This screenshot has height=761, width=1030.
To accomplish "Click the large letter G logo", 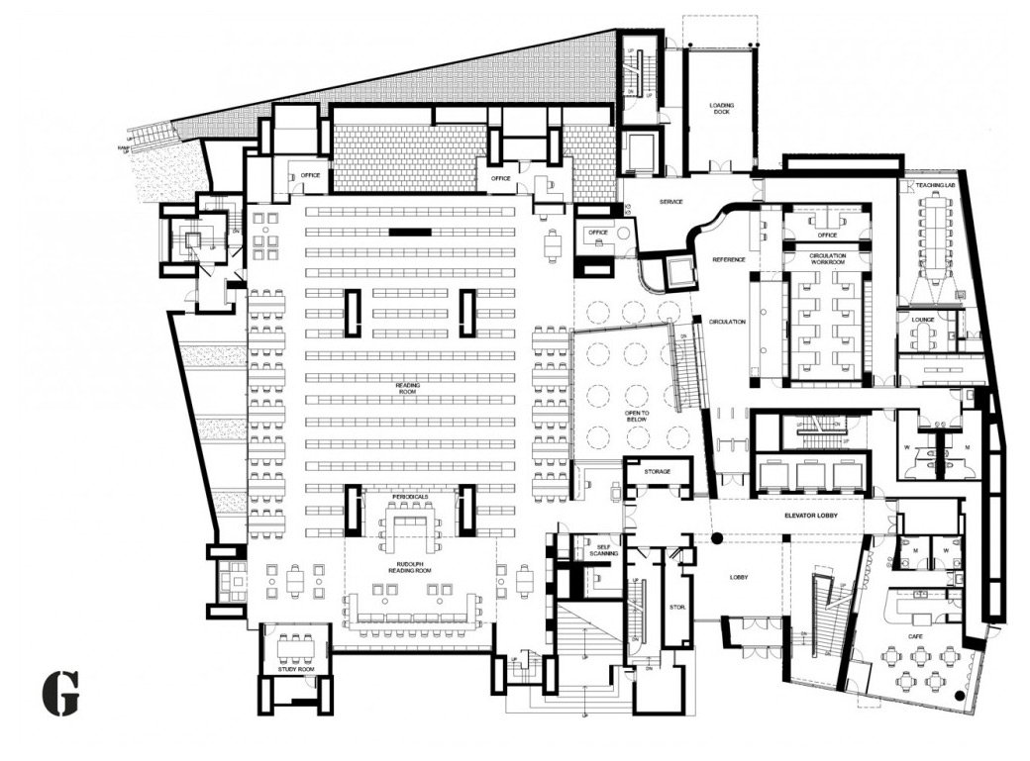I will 60,693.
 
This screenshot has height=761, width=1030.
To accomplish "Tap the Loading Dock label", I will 721,108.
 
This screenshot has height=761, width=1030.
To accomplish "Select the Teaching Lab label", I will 934,185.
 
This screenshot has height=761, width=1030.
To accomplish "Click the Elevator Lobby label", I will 806,516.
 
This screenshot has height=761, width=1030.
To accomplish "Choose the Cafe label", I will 917,623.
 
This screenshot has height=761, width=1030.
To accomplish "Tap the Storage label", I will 658,471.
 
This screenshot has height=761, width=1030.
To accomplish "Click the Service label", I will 671,202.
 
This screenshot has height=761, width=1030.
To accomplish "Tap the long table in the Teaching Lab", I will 933,232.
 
